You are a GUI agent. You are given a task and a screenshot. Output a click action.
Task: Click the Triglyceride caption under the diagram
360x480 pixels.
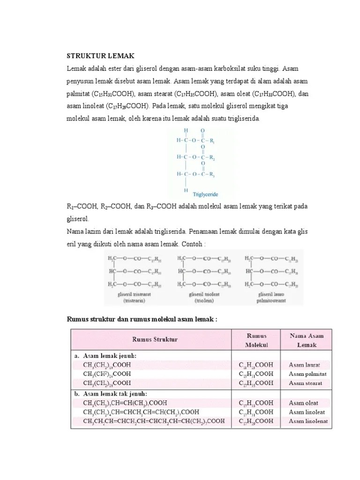(202, 194)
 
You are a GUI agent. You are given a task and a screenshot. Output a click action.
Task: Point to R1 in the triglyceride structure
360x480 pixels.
(212, 140)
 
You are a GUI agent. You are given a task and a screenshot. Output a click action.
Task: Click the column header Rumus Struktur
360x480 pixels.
(151, 339)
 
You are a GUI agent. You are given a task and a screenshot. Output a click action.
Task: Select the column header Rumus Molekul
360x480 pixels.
(256, 340)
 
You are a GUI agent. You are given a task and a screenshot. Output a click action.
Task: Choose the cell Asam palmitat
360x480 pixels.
(307, 374)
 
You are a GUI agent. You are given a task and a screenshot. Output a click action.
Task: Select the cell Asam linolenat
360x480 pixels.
(308, 421)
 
